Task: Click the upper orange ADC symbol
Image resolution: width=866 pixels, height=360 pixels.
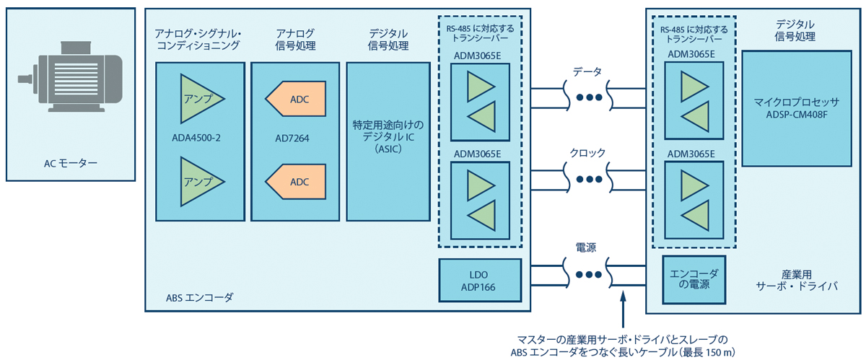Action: [297, 99]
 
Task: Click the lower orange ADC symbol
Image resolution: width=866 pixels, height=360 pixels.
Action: [297, 181]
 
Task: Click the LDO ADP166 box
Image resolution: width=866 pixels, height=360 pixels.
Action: [479, 281]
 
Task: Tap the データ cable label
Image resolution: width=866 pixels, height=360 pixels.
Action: [587, 71]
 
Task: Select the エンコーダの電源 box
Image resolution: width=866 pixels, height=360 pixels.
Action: [694, 278]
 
